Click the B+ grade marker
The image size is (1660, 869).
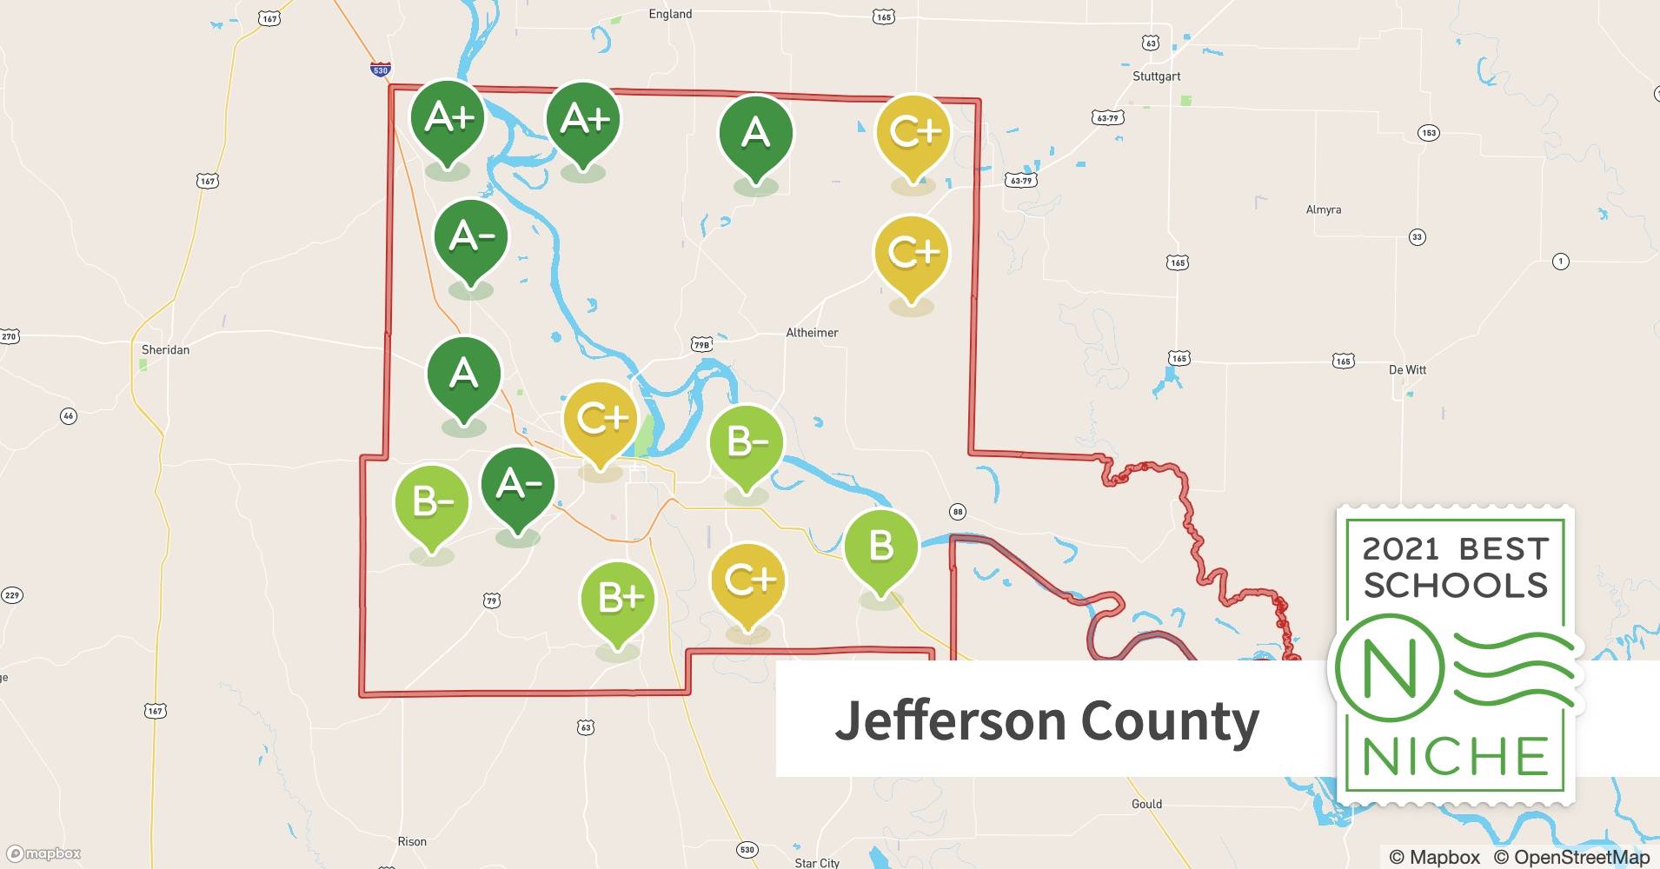coord(617,598)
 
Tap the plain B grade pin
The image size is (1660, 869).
coord(881,546)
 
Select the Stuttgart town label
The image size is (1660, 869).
coord(1156,76)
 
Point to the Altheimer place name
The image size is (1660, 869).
coord(812,333)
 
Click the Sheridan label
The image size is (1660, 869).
coord(165,350)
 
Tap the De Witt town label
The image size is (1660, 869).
coord(1407,370)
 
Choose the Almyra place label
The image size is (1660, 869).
coord(1323,210)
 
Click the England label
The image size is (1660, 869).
coord(670,15)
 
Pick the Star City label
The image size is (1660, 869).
coord(817,863)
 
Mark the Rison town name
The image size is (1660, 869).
coord(412,842)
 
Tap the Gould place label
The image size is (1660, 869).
coord(1146,805)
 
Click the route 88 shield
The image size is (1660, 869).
coord(957,512)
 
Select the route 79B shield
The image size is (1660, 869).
coord(701,345)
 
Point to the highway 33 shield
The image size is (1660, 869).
coord(1417,237)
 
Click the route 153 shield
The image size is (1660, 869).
coord(1429,133)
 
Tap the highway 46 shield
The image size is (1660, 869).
coord(69,416)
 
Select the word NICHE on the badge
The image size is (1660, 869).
coord(1455,756)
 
